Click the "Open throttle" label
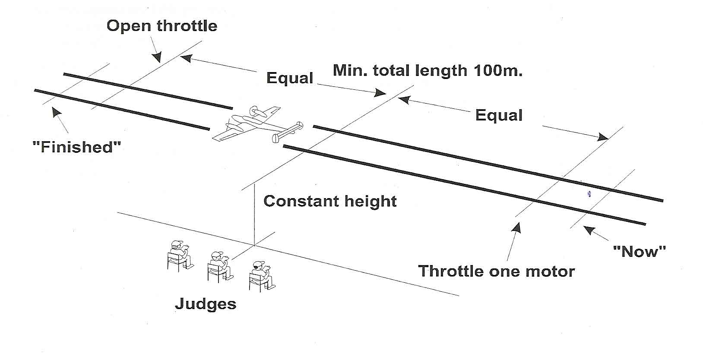tap(162, 26)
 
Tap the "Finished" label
tap(76, 147)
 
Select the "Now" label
tap(640, 251)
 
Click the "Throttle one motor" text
tap(497, 271)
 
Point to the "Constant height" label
tap(330, 201)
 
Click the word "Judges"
tap(206, 304)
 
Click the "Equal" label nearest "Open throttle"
tap(290, 78)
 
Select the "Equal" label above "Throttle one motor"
tap(499, 115)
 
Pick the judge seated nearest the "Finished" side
tap(179, 255)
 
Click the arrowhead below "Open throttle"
tap(158, 57)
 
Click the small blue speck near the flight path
tap(589, 194)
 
